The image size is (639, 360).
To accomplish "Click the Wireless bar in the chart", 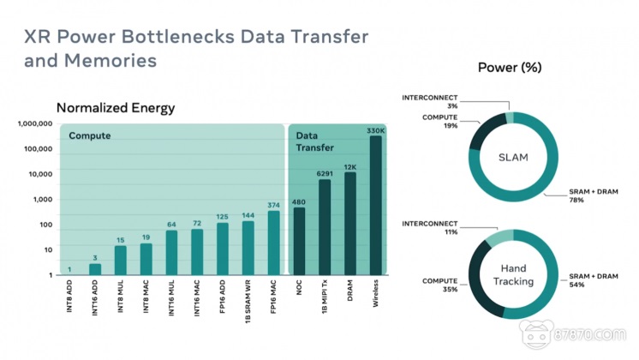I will [375, 206].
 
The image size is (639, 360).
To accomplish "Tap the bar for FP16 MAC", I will [273, 243].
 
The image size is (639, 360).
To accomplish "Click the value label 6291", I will [325, 174].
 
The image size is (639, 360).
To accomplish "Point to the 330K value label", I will [375, 130].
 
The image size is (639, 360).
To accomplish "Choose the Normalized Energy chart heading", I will [116, 108].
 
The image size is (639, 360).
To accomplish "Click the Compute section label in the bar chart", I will [89, 136].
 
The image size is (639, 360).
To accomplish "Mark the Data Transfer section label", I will [314, 142].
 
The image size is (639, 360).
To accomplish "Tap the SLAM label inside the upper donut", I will [513, 156].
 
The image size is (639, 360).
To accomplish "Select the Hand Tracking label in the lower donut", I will [513, 275].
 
